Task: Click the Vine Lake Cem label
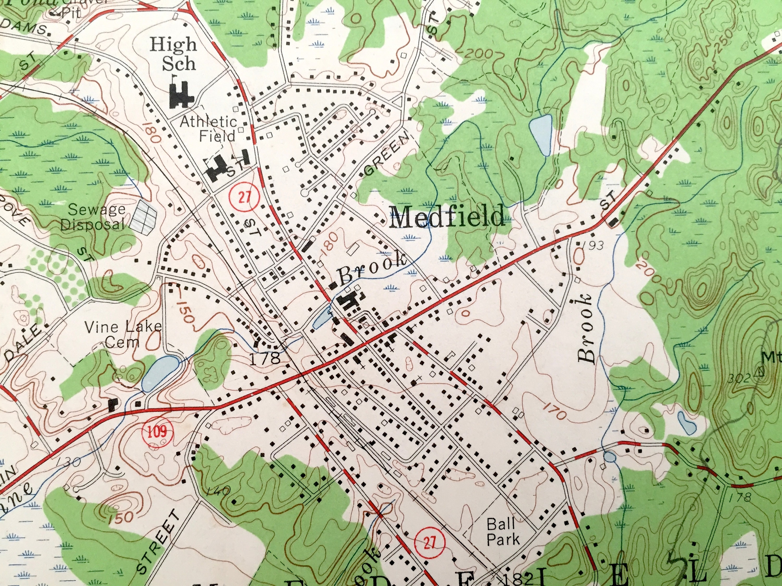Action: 123,334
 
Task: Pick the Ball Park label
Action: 503,532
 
